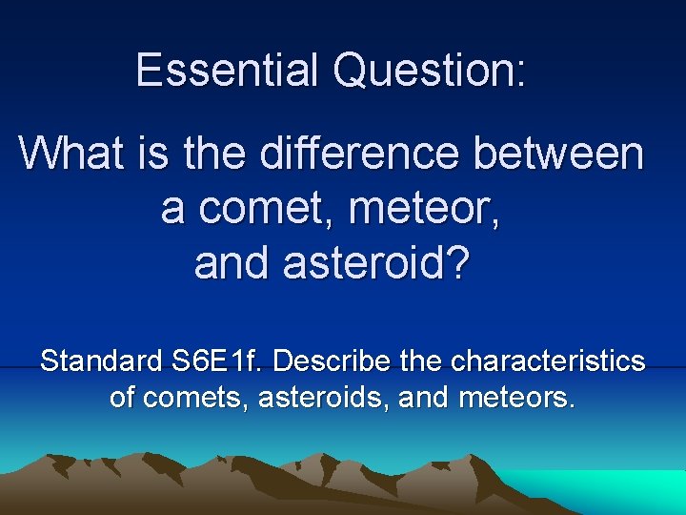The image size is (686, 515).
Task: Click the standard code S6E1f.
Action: coord(217,362)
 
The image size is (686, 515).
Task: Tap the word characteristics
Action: coord(548,362)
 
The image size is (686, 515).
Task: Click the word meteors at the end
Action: coord(515,396)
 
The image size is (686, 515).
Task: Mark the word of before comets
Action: coord(122,396)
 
